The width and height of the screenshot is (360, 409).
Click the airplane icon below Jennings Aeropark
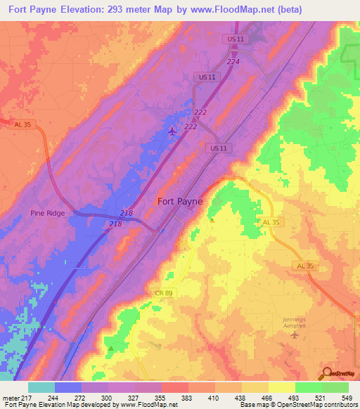[294, 334]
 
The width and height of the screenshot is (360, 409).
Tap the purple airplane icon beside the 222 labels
[173, 131]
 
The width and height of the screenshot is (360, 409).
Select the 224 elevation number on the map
[233, 82]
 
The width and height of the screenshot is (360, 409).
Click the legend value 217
[28, 397]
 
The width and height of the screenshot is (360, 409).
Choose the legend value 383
[188, 397]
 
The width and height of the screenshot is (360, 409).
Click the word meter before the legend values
[11, 397]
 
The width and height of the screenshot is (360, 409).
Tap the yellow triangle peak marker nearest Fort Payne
[212, 219]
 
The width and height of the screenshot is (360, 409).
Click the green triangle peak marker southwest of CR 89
[110, 347]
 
